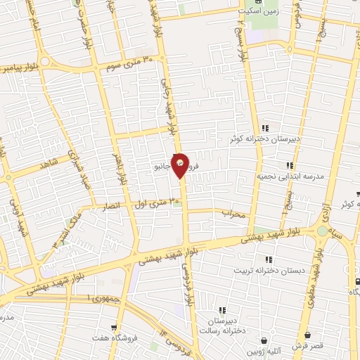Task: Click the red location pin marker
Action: [x=181, y=165]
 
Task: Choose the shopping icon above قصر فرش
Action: [x=307, y=336]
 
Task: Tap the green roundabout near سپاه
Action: [x=322, y=231]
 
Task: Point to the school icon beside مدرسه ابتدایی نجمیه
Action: [x=290, y=166]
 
